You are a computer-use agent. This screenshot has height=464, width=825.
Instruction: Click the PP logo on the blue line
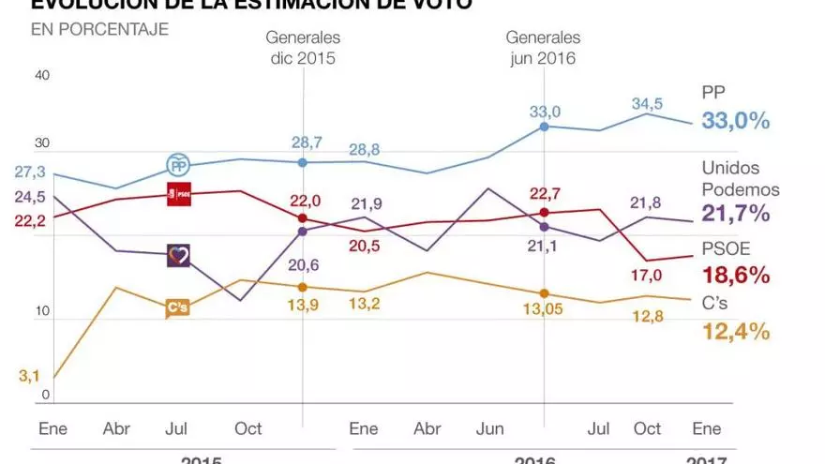(178, 165)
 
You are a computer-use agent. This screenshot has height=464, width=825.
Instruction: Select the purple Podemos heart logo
(178, 255)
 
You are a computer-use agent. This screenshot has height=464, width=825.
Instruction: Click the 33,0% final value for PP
(736, 120)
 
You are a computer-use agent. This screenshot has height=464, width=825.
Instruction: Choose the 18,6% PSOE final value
(736, 275)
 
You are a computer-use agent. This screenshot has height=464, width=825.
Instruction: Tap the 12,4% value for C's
(736, 330)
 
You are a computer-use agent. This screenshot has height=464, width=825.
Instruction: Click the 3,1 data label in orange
(29, 377)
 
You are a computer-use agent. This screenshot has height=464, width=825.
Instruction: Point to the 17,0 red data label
(647, 275)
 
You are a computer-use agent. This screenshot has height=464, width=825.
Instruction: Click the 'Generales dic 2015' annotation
(303, 47)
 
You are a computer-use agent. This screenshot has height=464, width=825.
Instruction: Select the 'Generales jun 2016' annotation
(544, 47)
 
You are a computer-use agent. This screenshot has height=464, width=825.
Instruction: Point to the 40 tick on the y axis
(40, 76)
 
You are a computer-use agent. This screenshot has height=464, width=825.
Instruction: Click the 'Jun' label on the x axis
(490, 428)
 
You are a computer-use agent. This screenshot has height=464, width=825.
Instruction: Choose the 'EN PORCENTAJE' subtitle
(99, 29)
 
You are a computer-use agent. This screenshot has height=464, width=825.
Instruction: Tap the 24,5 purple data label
(29, 197)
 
